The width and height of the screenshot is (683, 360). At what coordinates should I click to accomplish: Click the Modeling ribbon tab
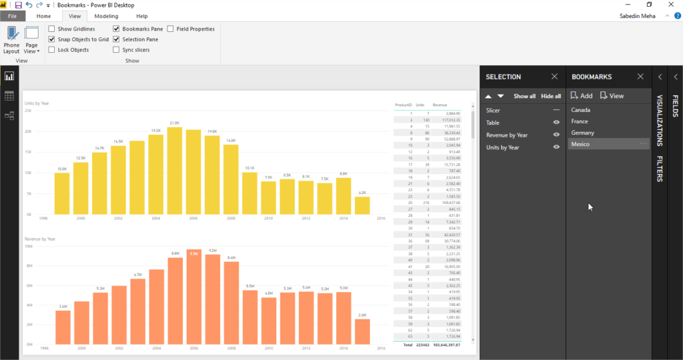click(106, 16)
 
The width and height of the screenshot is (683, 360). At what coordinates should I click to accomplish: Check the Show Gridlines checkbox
click(52, 29)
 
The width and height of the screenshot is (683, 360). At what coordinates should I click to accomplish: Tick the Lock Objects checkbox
click(52, 50)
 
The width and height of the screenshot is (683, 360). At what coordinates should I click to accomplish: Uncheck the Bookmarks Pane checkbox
click(117, 29)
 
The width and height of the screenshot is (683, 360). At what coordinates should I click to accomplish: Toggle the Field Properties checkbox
click(171, 29)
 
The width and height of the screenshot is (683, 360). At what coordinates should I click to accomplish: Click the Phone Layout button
click(11, 40)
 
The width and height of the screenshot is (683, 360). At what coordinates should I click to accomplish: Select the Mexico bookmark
click(581, 144)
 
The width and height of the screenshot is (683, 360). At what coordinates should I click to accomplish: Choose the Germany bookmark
click(583, 133)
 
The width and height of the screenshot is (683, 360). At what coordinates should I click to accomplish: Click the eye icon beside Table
click(556, 123)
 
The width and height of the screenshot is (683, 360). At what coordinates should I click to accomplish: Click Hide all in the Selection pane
click(550, 96)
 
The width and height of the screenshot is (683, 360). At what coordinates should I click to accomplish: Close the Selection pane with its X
click(554, 77)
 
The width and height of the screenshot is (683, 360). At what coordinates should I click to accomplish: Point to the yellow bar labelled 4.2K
click(362, 205)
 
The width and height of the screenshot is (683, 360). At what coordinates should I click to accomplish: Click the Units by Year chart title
click(37, 103)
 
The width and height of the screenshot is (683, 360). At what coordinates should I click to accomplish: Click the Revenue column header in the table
click(440, 105)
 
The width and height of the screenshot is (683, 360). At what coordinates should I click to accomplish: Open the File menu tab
click(13, 16)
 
